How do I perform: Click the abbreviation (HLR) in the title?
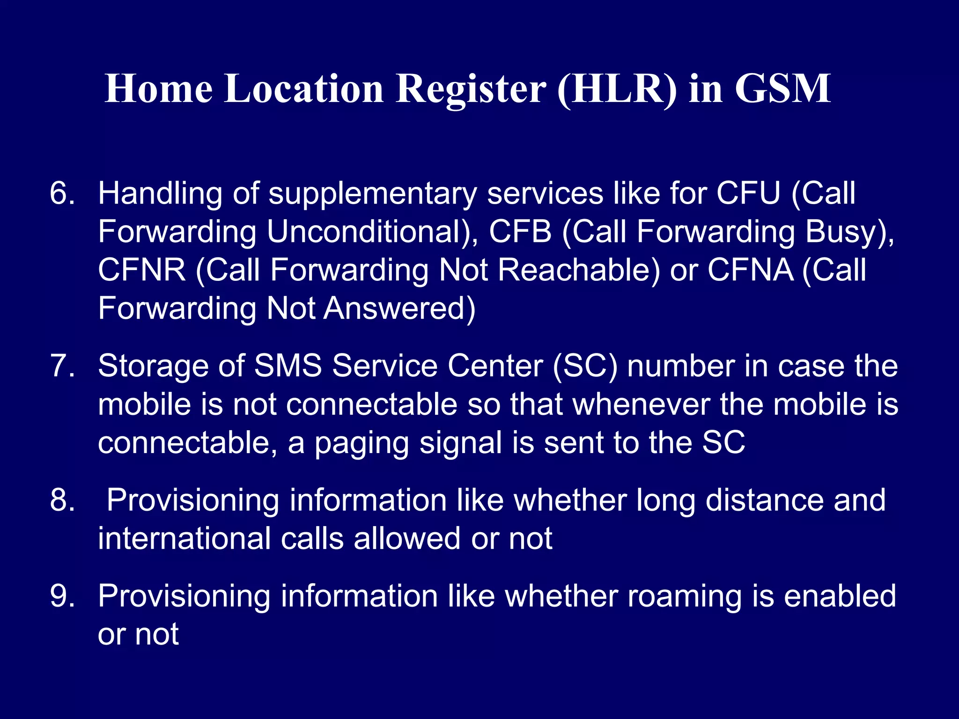pos(617,89)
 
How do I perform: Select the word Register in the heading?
pos(471,89)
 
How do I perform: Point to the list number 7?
pos(62,366)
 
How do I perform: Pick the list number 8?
pos(62,500)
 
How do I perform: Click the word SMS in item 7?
pos(288,366)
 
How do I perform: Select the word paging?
pos(361,443)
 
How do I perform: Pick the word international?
pos(184,538)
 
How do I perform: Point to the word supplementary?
pos(372,194)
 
